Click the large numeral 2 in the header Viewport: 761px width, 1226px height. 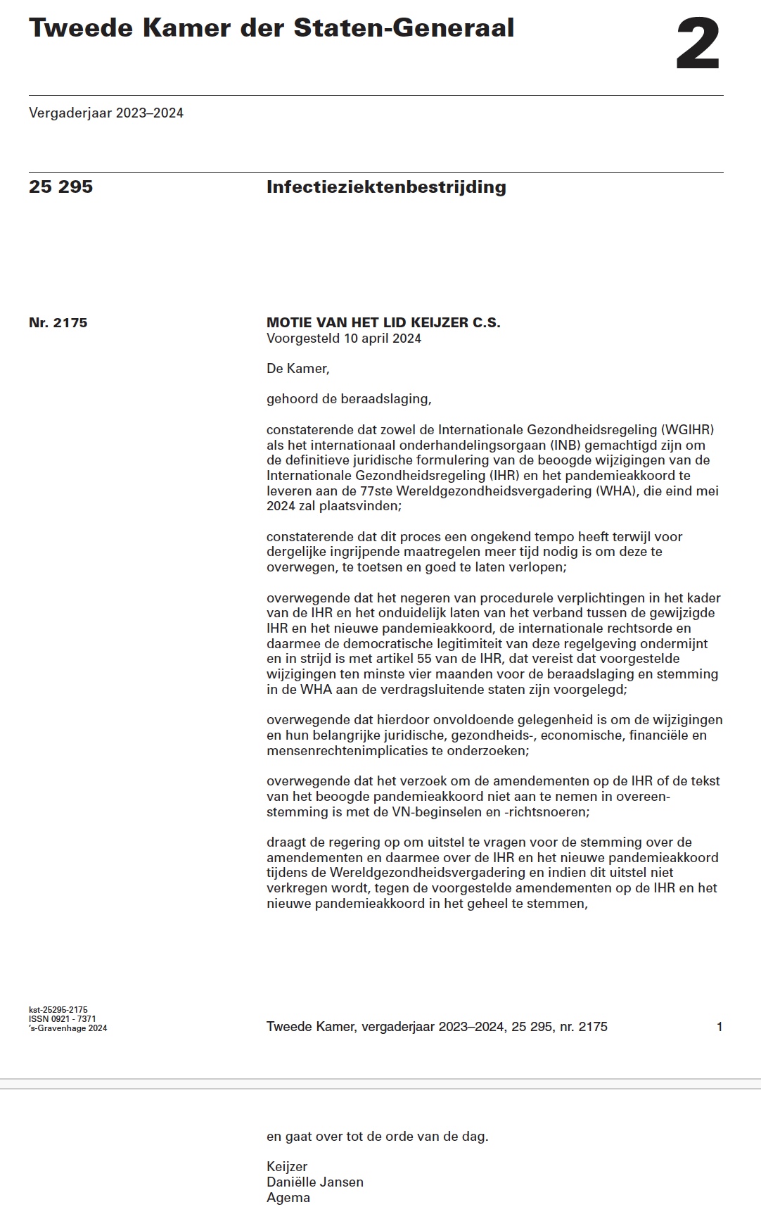tap(698, 44)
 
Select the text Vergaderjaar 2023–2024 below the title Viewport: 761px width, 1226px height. tap(106, 113)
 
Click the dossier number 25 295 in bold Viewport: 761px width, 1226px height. tap(60, 187)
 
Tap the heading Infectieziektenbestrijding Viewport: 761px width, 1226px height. tap(386, 187)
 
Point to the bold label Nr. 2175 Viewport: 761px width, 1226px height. tap(58, 323)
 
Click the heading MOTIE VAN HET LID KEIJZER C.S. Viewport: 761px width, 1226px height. tap(383, 323)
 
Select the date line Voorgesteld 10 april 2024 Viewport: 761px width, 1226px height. tap(344, 339)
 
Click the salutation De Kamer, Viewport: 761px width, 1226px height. tap(298, 369)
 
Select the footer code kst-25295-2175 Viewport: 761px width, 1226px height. tap(58, 1010)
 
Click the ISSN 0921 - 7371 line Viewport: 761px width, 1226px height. tap(63, 1019)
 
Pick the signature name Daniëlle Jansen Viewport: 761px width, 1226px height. tap(315, 1182)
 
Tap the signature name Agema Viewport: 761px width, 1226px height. tap(288, 1198)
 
